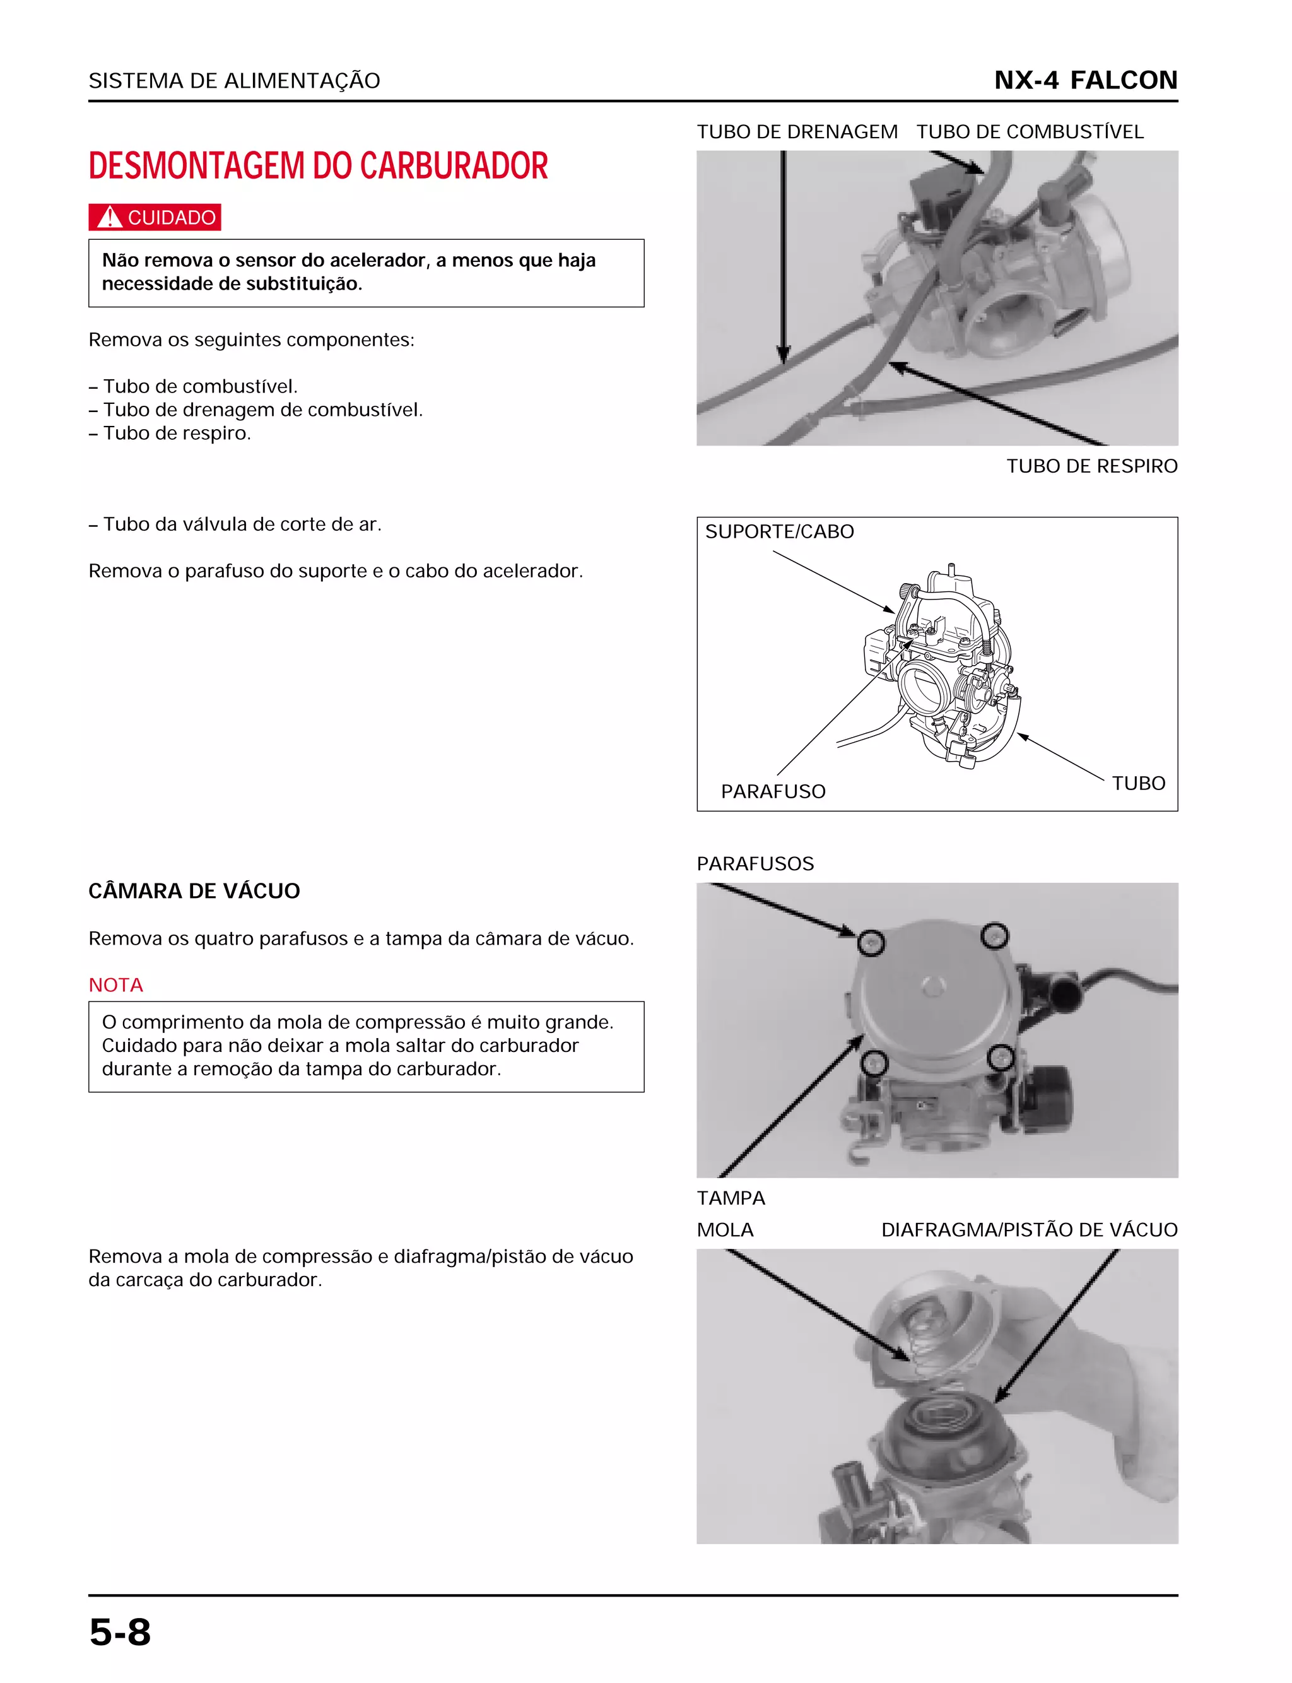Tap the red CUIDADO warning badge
155,218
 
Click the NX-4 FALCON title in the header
1085,80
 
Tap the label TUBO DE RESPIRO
1091,466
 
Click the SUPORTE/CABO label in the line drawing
779,531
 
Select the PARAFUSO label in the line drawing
773,791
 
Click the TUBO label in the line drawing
1138,783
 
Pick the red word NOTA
115,984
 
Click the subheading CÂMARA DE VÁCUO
194,891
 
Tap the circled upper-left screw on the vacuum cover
871,943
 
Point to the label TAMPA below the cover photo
731,1198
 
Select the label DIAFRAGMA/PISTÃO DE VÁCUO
1029,1229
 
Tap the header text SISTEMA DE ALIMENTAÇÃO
234,81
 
